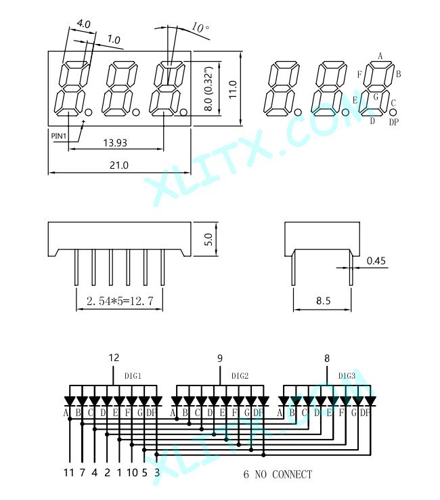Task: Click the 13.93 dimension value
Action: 115,142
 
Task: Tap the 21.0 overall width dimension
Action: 119,165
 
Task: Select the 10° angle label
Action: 200,28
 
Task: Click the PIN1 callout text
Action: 59,136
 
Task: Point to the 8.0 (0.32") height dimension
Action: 208,88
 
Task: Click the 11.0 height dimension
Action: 233,89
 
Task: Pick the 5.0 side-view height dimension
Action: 208,239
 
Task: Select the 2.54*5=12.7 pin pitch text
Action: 120,301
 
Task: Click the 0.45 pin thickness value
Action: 376,261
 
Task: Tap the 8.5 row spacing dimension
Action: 324,301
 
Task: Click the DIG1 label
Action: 133,376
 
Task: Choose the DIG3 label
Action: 347,376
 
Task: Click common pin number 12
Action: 114,358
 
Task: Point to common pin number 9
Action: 220,358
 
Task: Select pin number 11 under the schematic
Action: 69,472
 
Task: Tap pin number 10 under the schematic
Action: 132,472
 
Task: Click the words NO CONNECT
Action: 284,474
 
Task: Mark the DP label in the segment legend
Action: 394,122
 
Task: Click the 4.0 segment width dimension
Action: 84,24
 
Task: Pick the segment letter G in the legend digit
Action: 376,97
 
